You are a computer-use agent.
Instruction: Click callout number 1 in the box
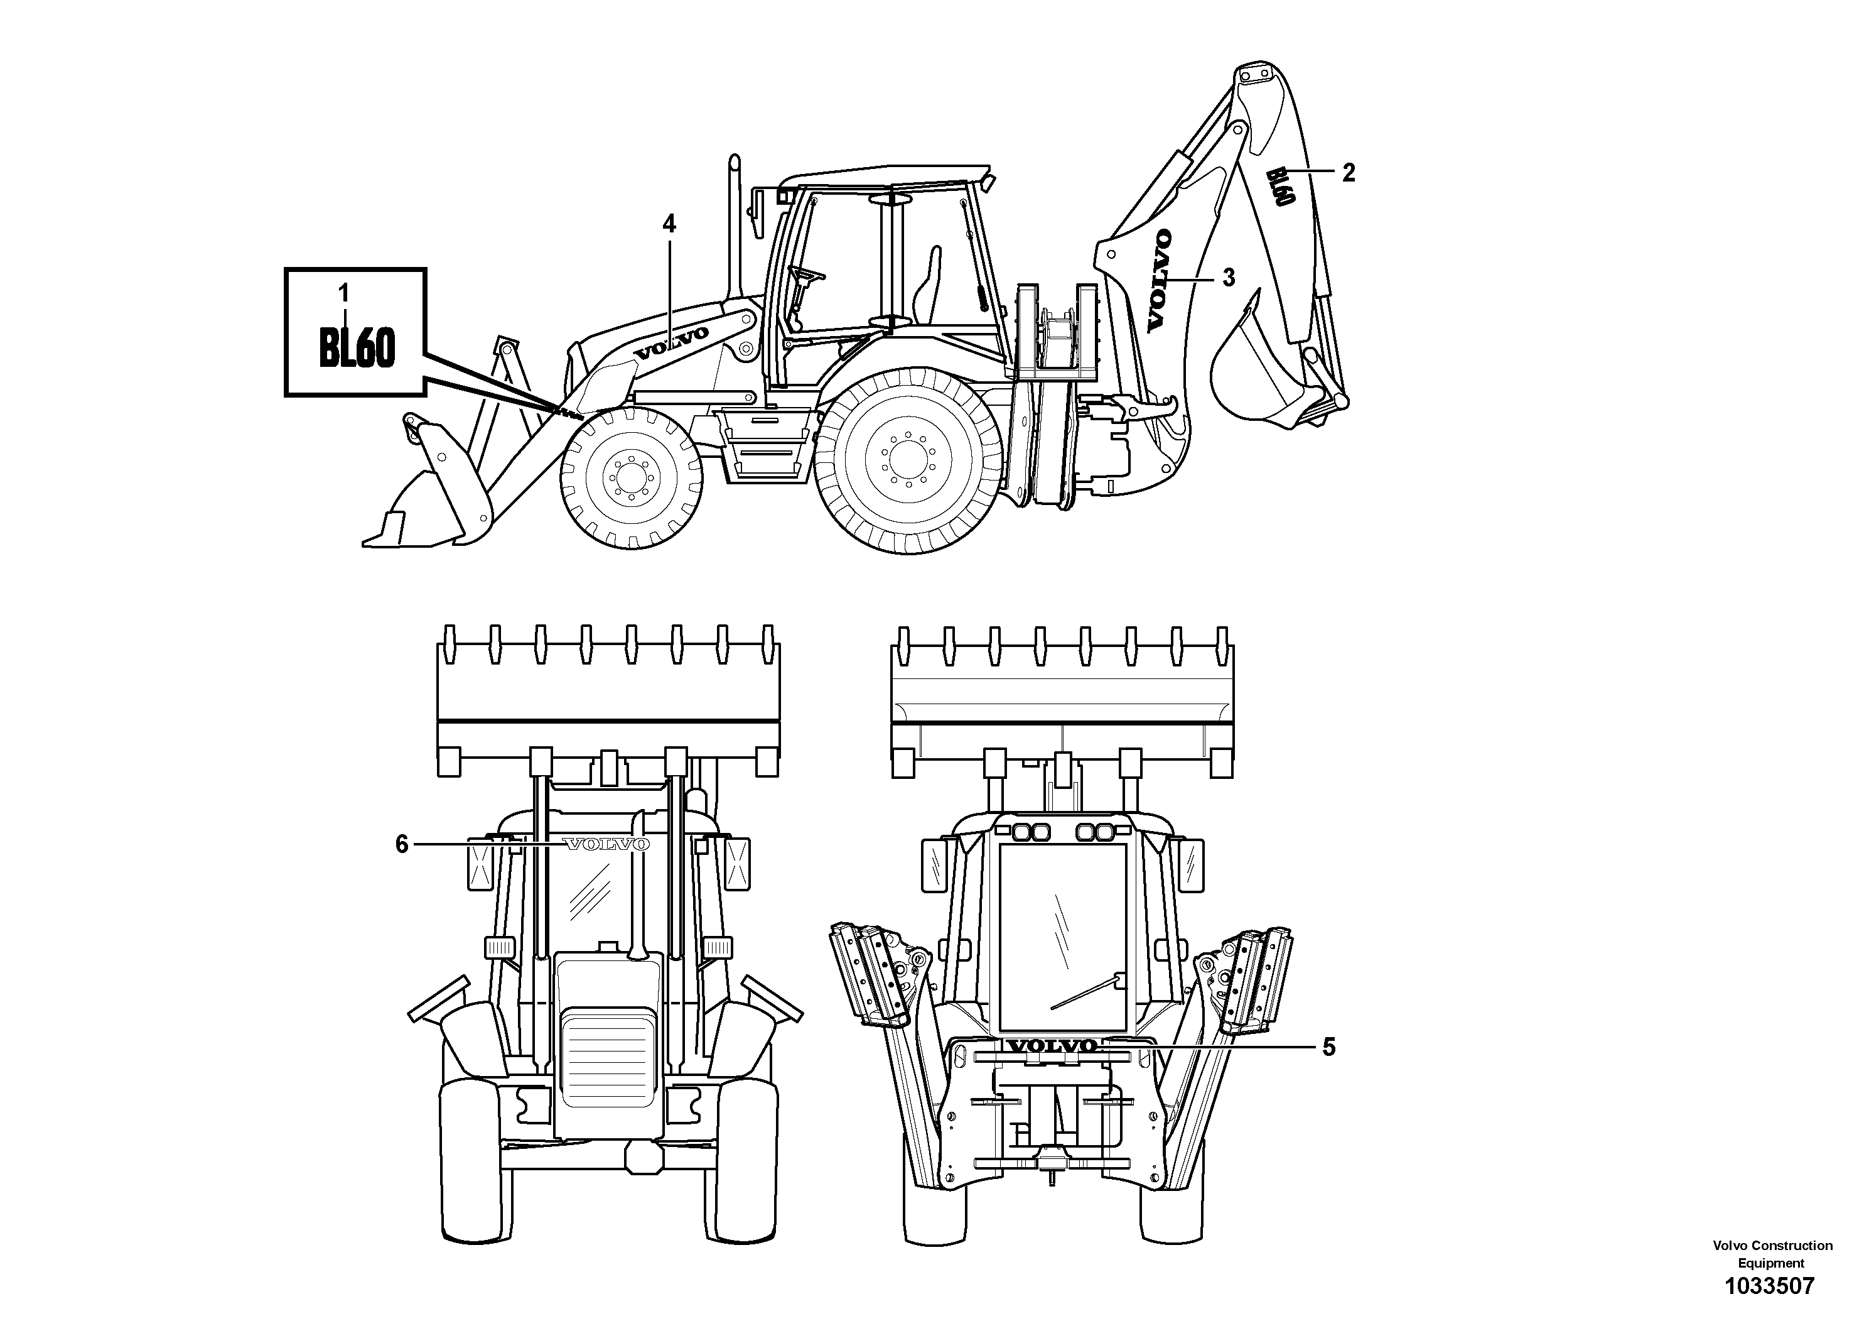coord(343,292)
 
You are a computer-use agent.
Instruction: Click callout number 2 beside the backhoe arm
coord(1349,173)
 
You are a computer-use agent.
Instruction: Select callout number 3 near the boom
coord(1229,278)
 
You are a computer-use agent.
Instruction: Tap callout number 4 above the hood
coord(669,223)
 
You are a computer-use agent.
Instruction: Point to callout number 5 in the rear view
coord(1328,1047)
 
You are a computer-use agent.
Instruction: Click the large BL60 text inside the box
coord(357,349)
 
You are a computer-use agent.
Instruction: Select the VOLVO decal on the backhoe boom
coord(1159,280)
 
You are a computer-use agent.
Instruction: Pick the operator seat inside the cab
coord(928,293)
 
